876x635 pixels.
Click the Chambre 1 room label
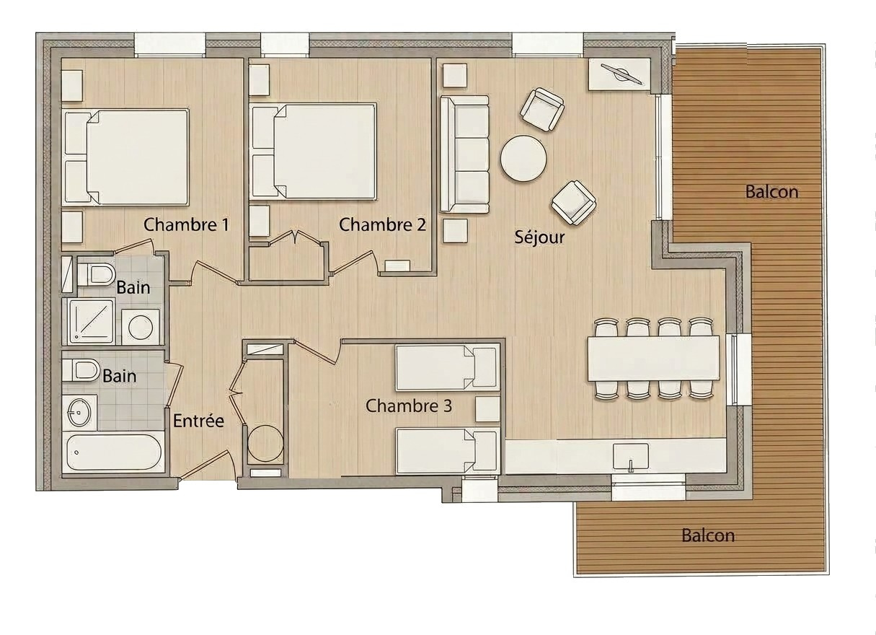coord(186,224)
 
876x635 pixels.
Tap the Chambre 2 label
coord(382,224)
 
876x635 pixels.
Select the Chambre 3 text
coord(409,406)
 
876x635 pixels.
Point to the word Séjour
coord(539,237)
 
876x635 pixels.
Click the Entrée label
coord(198,421)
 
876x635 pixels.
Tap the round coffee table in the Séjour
coord(523,158)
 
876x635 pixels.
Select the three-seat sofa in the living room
coord(464,154)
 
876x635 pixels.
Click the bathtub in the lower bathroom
coord(113,452)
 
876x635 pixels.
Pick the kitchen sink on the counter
coord(630,456)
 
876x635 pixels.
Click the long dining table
coord(653,358)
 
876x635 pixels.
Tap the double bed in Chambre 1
coord(126,157)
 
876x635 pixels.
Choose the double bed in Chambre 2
coord(313,152)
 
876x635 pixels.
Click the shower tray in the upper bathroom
coord(92,322)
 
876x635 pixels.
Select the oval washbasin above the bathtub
coord(80,412)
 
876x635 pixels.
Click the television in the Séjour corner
coord(621,74)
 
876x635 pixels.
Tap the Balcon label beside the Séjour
coord(771,191)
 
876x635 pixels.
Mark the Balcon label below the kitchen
coord(708,535)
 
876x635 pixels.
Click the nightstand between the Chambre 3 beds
coord(487,408)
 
